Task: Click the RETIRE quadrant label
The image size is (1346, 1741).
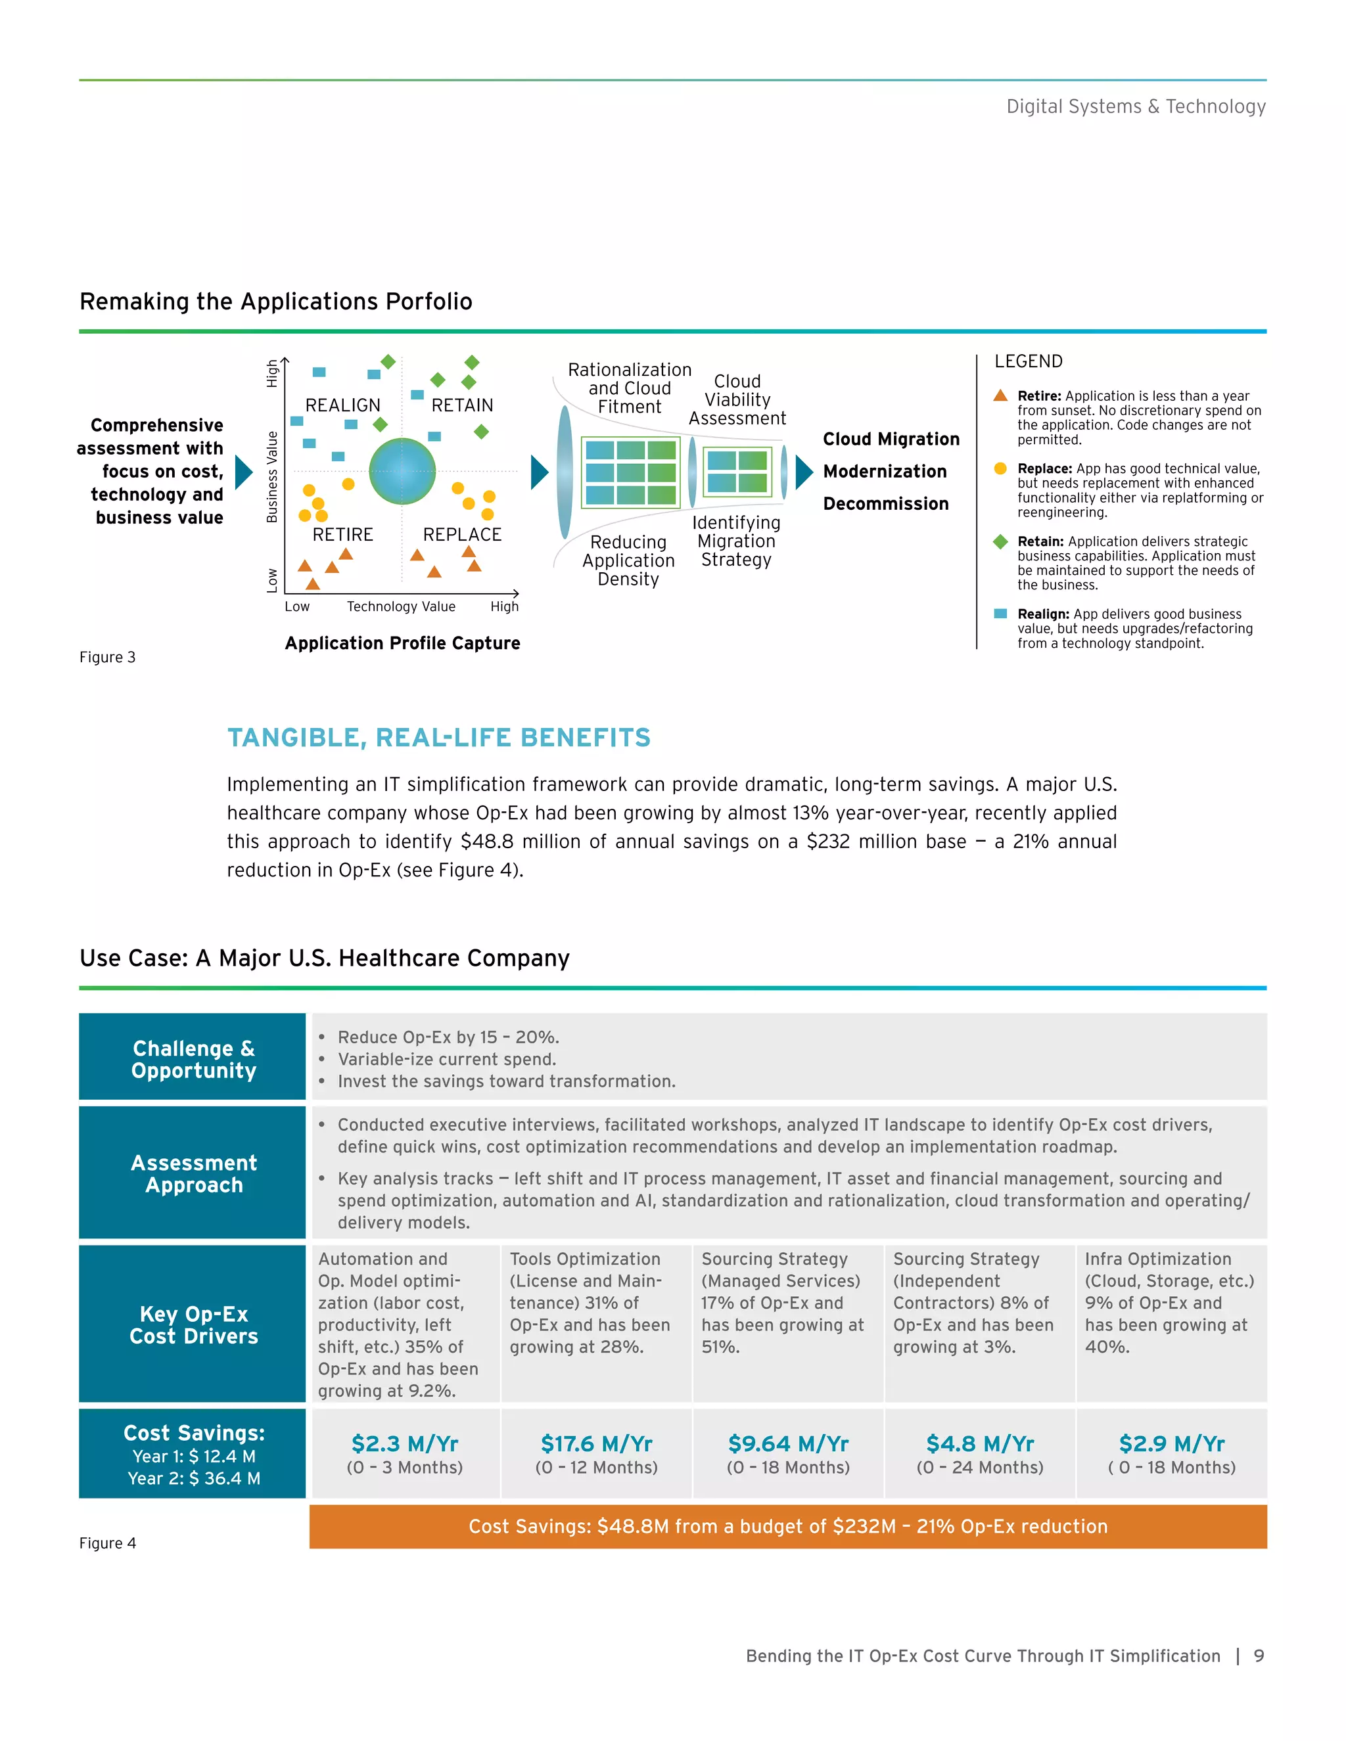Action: (343, 534)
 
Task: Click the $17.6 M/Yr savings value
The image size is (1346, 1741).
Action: (597, 1443)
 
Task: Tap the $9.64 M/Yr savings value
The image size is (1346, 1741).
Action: (788, 1443)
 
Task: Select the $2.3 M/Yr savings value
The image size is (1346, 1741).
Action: (404, 1443)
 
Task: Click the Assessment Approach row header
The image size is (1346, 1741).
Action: (193, 1173)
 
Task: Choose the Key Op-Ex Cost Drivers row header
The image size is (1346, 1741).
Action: (193, 1325)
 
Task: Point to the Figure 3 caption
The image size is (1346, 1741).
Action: (108, 657)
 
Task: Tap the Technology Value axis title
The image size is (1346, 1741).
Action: (401, 606)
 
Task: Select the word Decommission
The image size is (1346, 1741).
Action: (885, 504)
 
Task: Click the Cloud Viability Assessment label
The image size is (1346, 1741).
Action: (737, 399)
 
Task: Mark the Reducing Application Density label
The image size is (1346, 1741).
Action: (628, 560)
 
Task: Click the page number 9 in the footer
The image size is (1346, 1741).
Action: (1259, 1656)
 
